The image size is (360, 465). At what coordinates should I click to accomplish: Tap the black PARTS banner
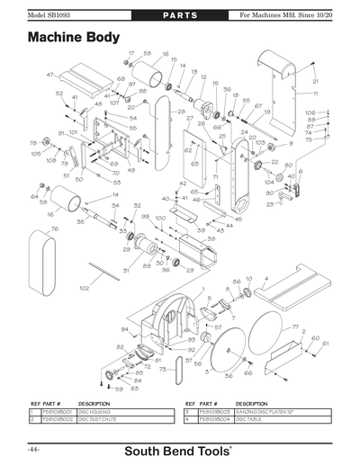(x=179, y=15)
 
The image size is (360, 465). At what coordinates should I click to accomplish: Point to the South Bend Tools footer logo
(x=180, y=449)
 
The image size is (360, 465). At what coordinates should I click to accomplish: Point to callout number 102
(x=84, y=288)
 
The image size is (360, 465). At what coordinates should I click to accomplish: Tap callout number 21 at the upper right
(x=316, y=82)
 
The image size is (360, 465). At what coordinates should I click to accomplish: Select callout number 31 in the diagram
(x=125, y=269)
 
